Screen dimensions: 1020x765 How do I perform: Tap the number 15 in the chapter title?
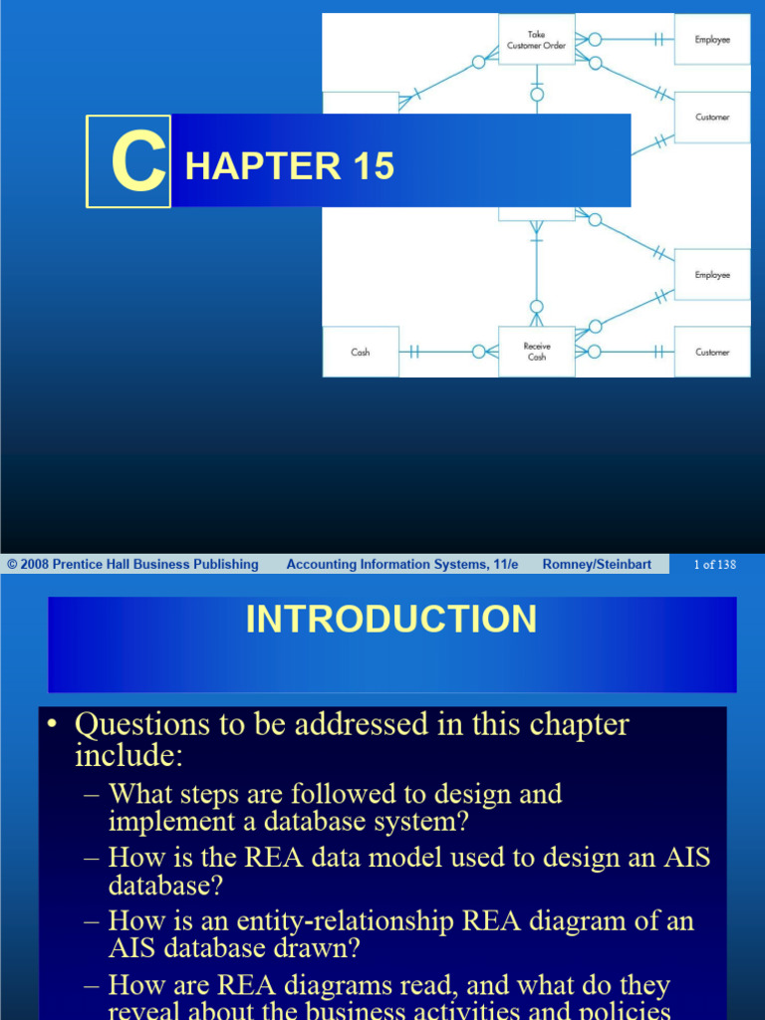tap(371, 165)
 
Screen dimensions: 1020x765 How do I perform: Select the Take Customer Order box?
tap(536, 40)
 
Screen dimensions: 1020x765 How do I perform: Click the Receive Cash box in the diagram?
tap(536, 352)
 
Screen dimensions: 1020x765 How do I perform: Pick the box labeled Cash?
tap(361, 352)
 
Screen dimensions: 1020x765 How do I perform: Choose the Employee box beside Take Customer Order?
tap(712, 40)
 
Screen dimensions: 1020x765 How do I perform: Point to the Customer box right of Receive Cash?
tap(712, 352)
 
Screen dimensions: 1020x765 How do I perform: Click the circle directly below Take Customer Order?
tap(537, 96)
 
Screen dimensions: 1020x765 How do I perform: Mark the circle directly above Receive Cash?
tap(537, 307)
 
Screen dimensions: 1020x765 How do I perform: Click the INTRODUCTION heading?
tap(390, 620)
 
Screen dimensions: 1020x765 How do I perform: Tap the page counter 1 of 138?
tap(714, 565)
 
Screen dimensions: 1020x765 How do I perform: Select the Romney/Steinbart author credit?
tap(597, 565)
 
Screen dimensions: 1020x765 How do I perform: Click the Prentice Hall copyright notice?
tap(132, 565)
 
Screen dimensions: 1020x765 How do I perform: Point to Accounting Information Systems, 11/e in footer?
tap(401, 565)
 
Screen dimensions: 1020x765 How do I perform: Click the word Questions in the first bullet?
tap(148, 724)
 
